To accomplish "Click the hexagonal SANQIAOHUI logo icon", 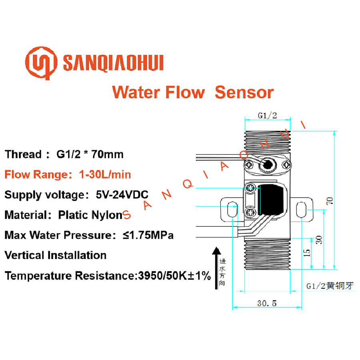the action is (x=41, y=63).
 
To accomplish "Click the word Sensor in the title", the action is (x=244, y=92).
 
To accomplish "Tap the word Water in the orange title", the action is (x=136, y=92).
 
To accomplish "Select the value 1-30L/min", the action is (x=105, y=174).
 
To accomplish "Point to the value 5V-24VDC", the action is (x=122, y=195).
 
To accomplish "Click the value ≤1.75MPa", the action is (x=148, y=235).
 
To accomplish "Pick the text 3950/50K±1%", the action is (x=174, y=276).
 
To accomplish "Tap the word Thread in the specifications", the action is (x=23, y=154).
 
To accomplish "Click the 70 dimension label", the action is (x=330, y=201).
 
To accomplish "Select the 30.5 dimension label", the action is (x=267, y=303).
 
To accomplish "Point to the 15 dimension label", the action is (x=307, y=253).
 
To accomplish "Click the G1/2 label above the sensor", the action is (x=267, y=116).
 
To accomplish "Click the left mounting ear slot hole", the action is (x=232, y=209).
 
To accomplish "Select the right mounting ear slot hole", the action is (x=302, y=209).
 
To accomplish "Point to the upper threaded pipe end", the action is (x=268, y=142).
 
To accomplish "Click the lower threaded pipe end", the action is (x=268, y=254).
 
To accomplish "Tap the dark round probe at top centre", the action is (x=268, y=165).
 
